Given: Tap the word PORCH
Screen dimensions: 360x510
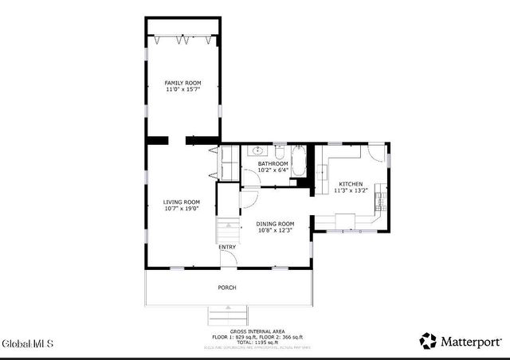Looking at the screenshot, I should click(x=227, y=288).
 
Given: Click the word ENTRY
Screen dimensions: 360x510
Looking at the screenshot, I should click(x=228, y=247).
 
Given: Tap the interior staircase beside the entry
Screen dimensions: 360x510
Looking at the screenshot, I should click(x=228, y=232).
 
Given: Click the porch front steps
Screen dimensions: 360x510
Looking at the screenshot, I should click(x=228, y=313).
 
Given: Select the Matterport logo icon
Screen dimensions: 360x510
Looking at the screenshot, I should click(x=428, y=341).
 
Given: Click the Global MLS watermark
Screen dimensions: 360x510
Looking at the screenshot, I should click(x=28, y=344).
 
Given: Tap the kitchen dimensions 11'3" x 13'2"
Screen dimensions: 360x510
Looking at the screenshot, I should click(x=351, y=190).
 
